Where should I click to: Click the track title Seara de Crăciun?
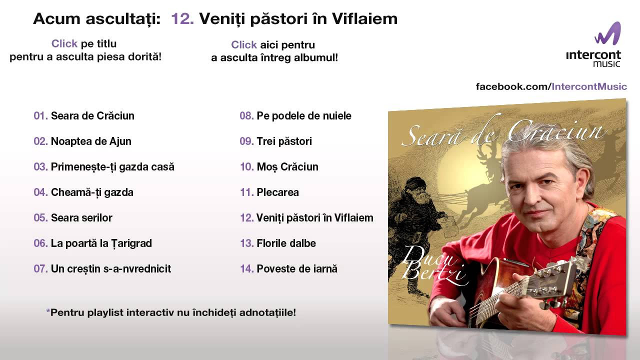(x=92, y=115)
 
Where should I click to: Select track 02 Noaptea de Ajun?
(x=91, y=141)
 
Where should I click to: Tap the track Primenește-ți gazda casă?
(x=112, y=167)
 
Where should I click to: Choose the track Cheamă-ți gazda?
(x=92, y=192)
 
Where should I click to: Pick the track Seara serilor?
(x=81, y=217)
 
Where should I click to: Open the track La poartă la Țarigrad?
(x=101, y=243)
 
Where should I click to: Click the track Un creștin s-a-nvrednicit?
(x=111, y=269)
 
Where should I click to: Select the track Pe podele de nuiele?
(x=304, y=115)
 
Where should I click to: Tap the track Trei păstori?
(x=284, y=141)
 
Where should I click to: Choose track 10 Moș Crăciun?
(x=287, y=167)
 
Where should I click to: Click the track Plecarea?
(x=277, y=192)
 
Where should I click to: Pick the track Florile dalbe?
(x=286, y=243)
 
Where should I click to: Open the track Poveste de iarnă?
(x=297, y=269)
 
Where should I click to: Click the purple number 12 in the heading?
(x=182, y=19)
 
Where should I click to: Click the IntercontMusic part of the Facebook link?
(x=589, y=86)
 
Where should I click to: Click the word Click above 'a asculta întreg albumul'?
(x=243, y=45)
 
